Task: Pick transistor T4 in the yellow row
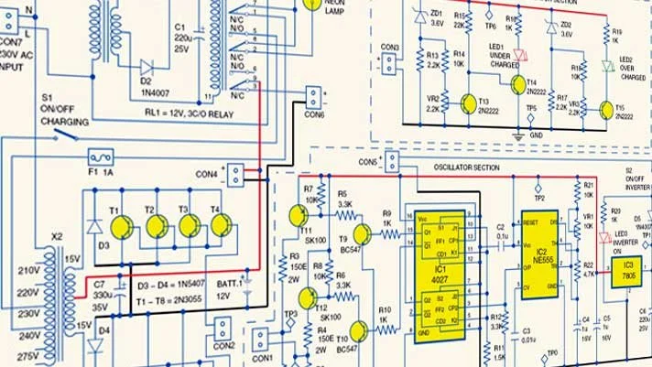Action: tap(221, 225)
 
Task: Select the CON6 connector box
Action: tap(314, 98)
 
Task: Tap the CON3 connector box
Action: tap(388, 64)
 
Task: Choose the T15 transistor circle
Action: tap(608, 110)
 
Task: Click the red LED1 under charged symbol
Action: tap(520, 56)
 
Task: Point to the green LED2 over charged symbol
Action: tap(605, 66)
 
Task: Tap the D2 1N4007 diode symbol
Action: tap(146, 67)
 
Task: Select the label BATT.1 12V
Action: tap(225, 289)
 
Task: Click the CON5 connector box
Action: tap(392, 162)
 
